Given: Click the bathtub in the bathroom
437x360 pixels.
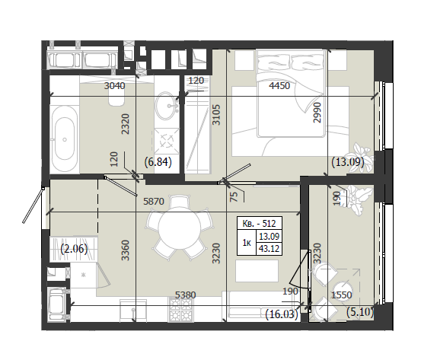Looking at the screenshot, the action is [x=65, y=139].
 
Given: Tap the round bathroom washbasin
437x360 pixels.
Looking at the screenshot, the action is [x=167, y=106].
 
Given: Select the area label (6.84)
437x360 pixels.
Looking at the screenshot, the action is [x=158, y=161].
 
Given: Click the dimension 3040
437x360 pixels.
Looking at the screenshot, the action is [x=114, y=85].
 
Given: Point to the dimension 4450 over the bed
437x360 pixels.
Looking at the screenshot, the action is [x=279, y=85].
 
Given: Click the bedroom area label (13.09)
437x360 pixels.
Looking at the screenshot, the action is [x=348, y=161].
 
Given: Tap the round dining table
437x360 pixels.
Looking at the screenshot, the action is [x=179, y=225].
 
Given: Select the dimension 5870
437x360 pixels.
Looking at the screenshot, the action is [x=154, y=201].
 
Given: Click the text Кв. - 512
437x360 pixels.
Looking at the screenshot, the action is [x=259, y=223].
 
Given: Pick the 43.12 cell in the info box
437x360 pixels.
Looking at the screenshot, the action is [x=269, y=249].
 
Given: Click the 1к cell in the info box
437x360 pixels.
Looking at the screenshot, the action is [x=247, y=243].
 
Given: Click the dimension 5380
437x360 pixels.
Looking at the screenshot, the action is [x=185, y=295].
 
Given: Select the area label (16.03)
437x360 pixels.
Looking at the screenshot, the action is [x=282, y=314].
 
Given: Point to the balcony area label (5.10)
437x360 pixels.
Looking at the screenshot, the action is [x=360, y=312].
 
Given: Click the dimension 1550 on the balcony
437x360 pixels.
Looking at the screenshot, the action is [x=342, y=295].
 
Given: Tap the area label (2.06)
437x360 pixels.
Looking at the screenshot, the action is [x=74, y=249].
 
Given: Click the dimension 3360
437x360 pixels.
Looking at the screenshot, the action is [x=126, y=250].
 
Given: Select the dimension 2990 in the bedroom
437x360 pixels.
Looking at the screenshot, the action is [x=317, y=113].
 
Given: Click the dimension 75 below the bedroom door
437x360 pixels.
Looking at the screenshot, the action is [x=234, y=196].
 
